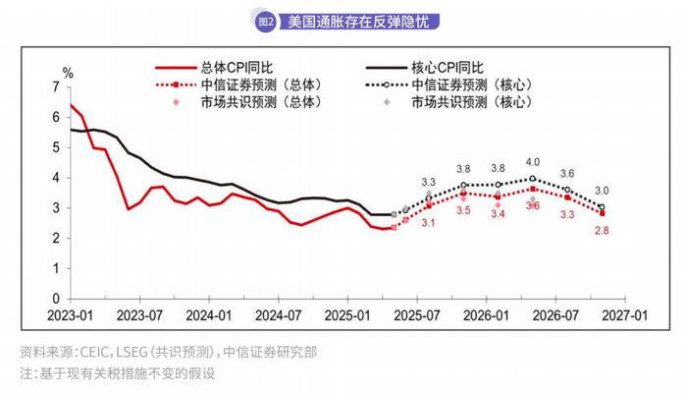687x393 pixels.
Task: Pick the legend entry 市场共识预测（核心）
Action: coord(471,101)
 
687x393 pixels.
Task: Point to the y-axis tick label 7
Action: coord(55,87)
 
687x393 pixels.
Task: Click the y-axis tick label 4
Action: coord(55,178)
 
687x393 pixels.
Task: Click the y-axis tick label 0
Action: coord(55,299)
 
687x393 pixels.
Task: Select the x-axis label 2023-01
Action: coord(71,315)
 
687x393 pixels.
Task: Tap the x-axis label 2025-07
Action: coord(417,315)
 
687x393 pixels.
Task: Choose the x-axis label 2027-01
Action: coord(625,315)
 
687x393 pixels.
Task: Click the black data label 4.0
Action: coord(533,162)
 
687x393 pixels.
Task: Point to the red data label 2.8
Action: coord(602,230)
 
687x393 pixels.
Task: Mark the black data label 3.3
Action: coord(429,182)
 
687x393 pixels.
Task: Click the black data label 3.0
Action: coord(602,191)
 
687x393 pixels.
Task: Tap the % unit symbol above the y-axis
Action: coord(68,73)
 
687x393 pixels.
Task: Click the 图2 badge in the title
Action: coord(264,21)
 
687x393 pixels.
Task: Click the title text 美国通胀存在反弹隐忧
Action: coord(351,21)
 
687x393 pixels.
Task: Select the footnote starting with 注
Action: coord(117,373)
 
